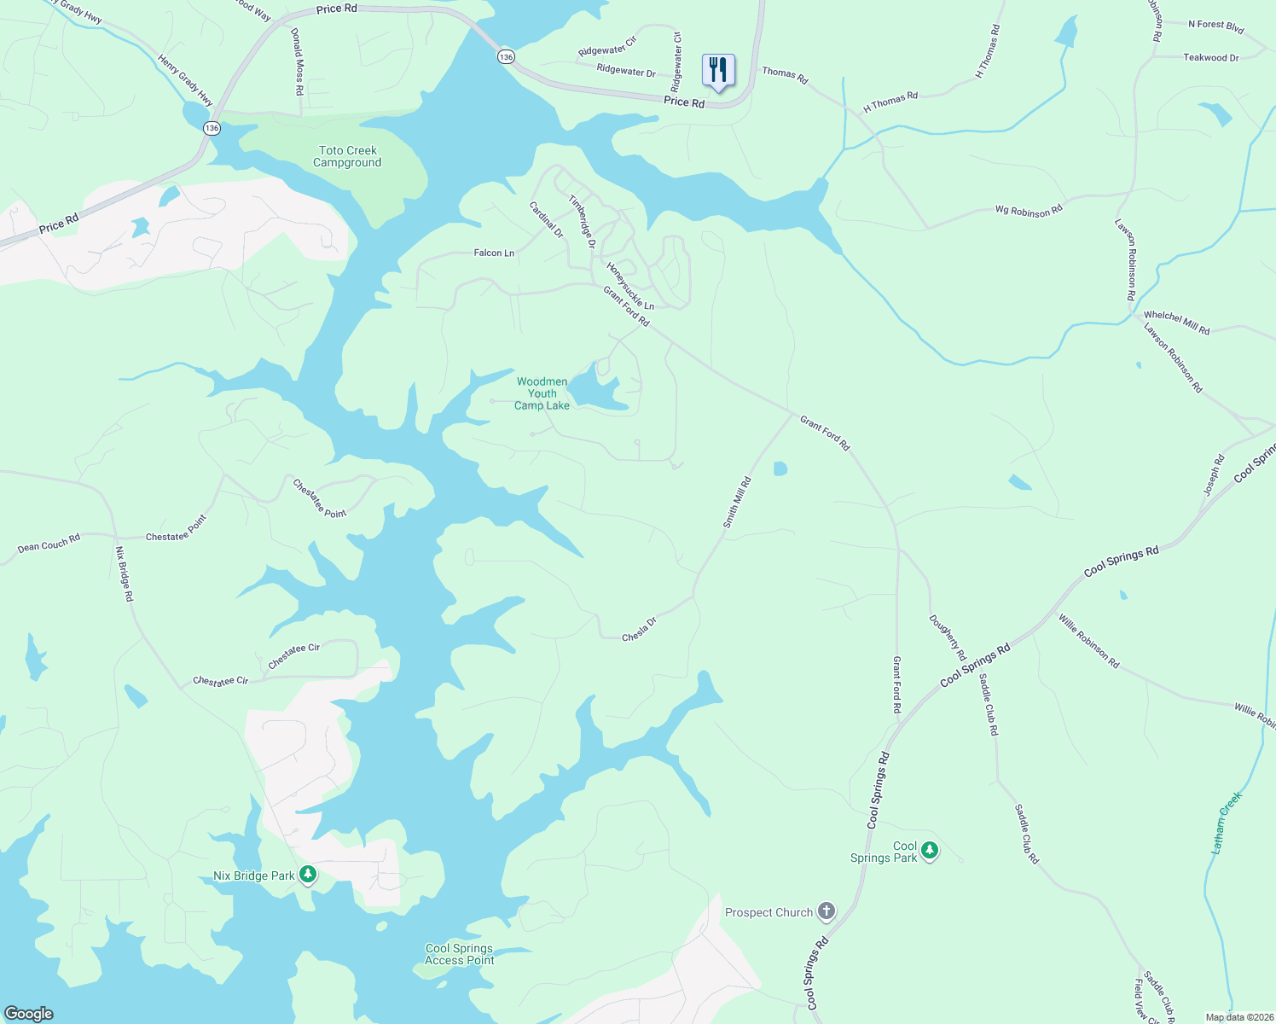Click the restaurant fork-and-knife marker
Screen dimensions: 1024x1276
[x=718, y=70]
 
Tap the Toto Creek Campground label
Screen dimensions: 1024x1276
[x=347, y=157]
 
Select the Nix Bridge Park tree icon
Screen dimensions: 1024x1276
[x=309, y=875]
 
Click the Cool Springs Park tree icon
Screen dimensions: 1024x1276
[x=930, y=850]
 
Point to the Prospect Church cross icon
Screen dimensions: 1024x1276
[x=826, y=911]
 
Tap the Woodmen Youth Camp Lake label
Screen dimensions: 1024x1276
[x=542, y=393]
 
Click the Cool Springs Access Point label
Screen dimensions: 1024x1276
[x=460, y=954]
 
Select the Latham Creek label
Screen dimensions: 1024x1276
[x=1227, y=823]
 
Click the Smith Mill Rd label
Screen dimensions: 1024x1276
[x=737, y=502]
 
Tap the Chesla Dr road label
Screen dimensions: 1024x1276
[x=639, y=630]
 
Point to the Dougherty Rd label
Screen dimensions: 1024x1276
[x=948, y=637]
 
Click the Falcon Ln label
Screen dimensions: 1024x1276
[x=494, y=253]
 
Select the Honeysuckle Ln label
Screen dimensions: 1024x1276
[x=630, y=286]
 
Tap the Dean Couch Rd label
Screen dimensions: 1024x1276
[x=49, y=543]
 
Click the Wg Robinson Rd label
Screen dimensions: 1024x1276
[x=1029, y=211]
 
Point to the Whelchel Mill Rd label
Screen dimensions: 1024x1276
[x=1176, y=323]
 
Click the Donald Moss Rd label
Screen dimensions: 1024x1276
[x=297, y=61]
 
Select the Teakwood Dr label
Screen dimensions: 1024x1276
[x=1210, y=58]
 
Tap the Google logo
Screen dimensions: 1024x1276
[x=29, y=1014]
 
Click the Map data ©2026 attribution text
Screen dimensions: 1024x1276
[x=1237, y=1017]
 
